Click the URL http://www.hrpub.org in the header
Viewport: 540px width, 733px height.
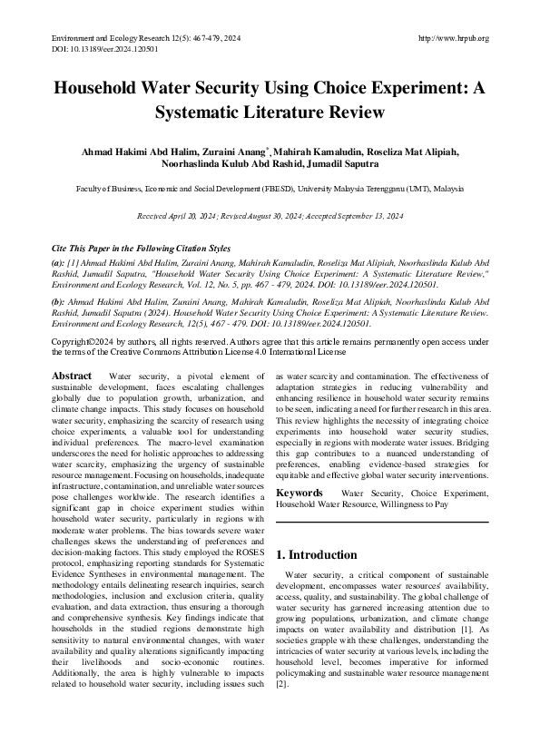point(454,38)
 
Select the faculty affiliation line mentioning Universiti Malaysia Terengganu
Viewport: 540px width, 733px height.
point(270,191)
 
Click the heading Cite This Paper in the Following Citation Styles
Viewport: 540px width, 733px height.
point(141,248)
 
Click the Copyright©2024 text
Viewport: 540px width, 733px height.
point(83,341)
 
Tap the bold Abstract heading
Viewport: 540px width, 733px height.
point(72,376)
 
